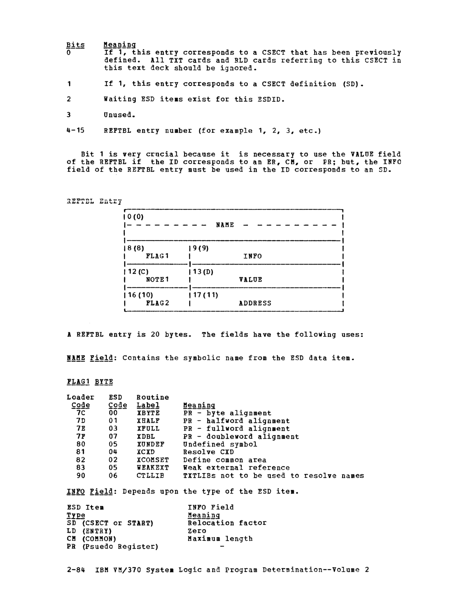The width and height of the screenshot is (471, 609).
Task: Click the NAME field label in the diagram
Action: pos(225,225)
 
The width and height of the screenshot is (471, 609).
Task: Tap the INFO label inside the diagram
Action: pos(252,256)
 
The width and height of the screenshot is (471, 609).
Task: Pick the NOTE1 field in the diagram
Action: pos(157,279)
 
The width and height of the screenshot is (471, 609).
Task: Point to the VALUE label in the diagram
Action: pos(251,279)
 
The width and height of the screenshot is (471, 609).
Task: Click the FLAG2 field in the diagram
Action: pos(157,303)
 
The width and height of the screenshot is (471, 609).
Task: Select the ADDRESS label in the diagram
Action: pos(255,303)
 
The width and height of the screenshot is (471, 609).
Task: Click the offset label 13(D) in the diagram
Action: pos(203,272)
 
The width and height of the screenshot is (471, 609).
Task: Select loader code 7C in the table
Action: pos(81,413)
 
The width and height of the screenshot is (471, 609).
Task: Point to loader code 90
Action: pos(81,476)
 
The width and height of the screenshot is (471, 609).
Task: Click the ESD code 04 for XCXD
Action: pos(113,452)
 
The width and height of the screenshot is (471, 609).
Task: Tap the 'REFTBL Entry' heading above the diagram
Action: pos(94,201)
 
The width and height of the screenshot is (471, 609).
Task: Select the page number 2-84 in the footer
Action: pos(76,570)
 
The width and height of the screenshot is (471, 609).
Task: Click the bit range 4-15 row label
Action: pos(76,130)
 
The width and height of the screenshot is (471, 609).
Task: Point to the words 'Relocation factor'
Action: pos(227,523)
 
